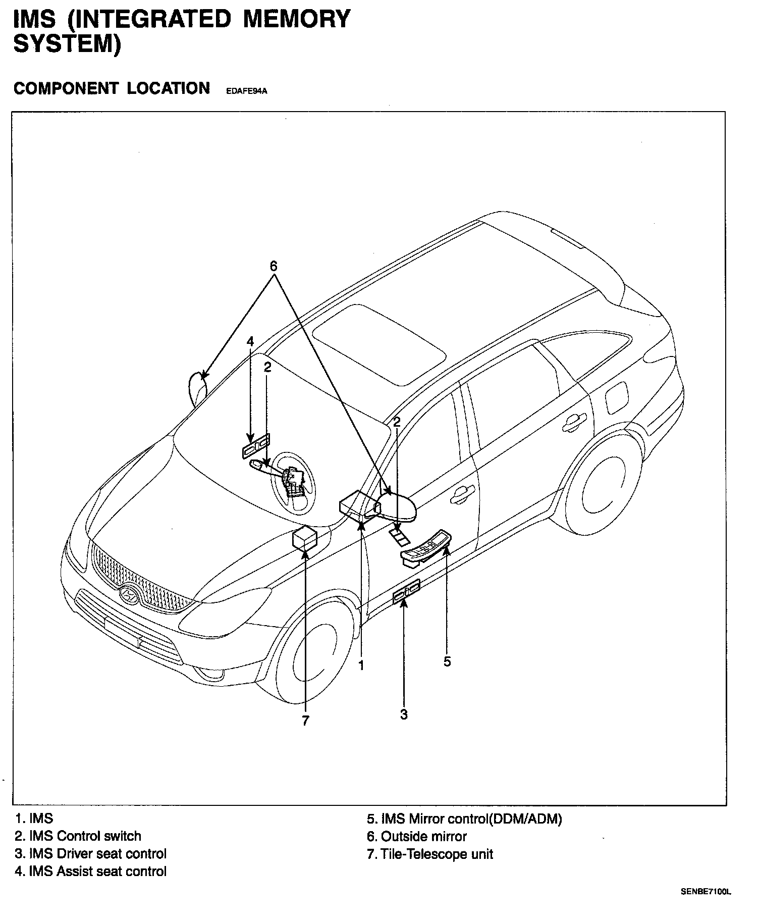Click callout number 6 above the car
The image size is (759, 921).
[274, 266]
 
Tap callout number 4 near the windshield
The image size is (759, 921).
[250, 341]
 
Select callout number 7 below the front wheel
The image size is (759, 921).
[306, 721]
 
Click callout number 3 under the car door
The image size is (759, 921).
[404, 714]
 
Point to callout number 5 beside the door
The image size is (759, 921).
[447, 661]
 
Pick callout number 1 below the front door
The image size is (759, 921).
[361, 666]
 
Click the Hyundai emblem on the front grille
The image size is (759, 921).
[129, 595]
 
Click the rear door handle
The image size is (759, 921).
[575, 422]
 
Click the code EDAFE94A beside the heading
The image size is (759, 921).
[246, 91]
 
